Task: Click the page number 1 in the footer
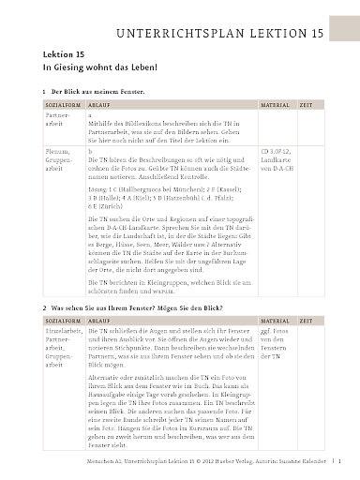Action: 338,463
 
